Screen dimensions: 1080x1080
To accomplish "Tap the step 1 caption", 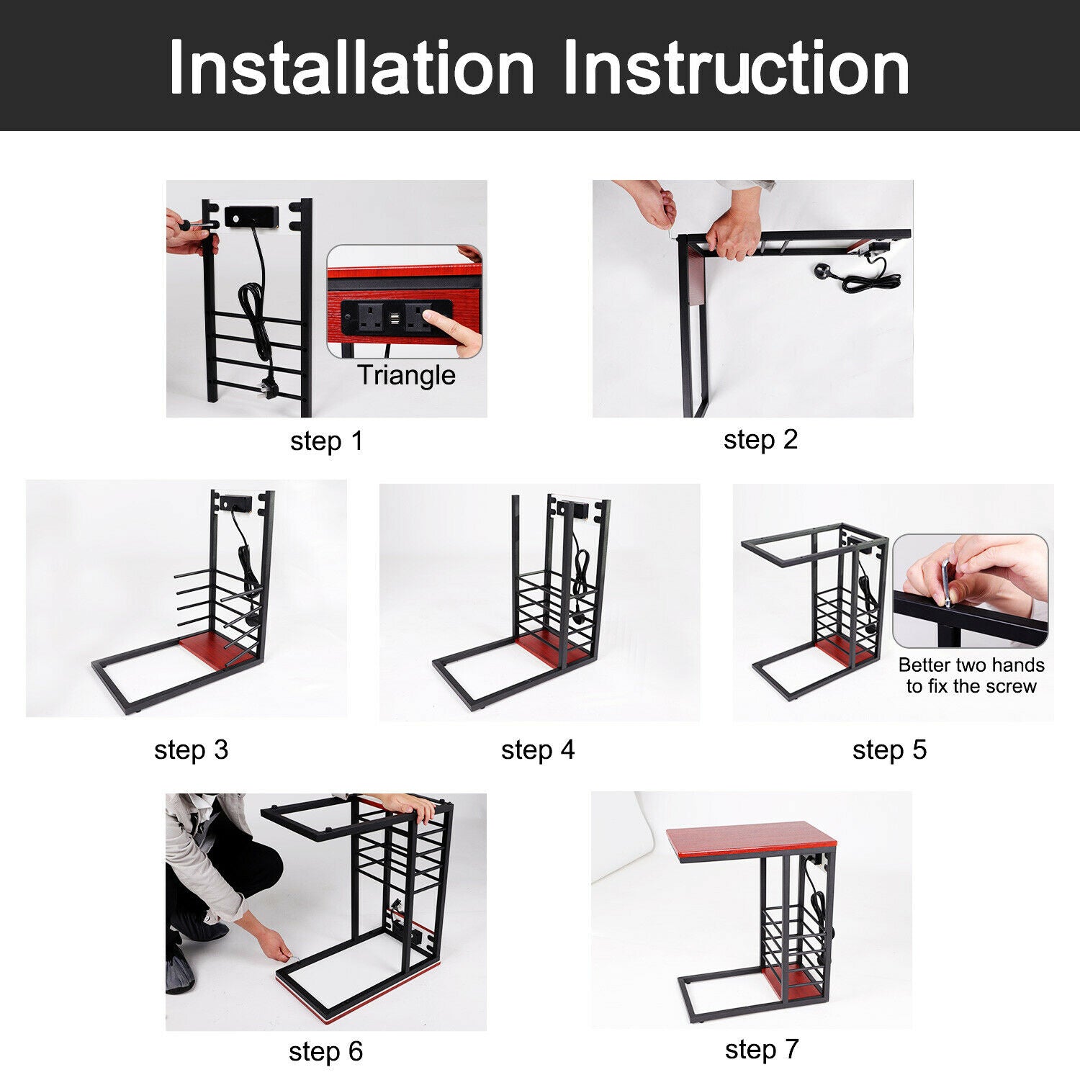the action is tap(327, 441).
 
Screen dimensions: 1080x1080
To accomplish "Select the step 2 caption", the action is tap(761, 440).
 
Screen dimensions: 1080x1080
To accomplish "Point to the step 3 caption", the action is tap(191, 750).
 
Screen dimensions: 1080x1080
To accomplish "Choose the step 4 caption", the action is tap(538, 750).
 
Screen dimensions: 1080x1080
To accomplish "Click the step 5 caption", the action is tap(889, 750).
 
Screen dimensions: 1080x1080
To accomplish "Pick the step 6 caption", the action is tap(325, 1052).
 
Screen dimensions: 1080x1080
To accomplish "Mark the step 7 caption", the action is tap(762, 1050).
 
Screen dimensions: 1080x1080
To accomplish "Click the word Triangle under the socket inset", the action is tap(406, 375).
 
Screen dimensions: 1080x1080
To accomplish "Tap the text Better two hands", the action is tap(971, 665).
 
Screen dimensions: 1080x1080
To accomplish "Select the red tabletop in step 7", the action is tap(751, 844).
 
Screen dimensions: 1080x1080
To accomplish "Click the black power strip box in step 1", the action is tap(252, 215).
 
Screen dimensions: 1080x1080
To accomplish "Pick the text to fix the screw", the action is tap(971, 686).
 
